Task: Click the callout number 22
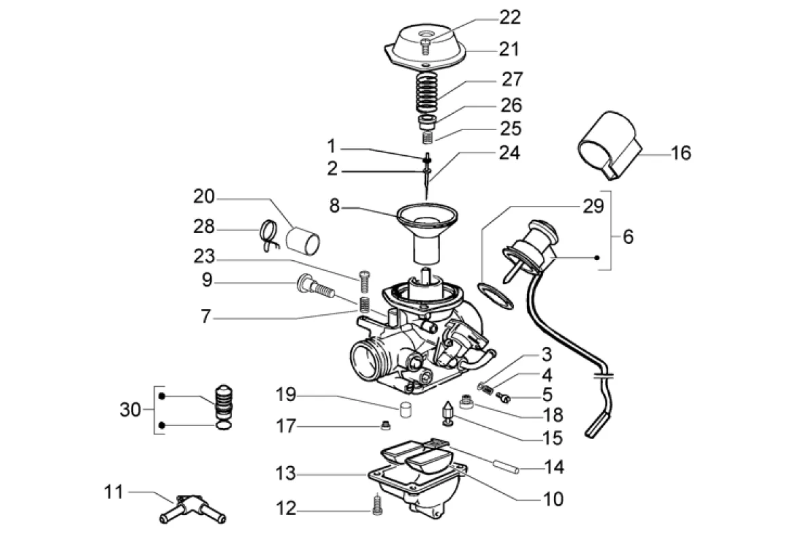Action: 509,18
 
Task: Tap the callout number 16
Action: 681,152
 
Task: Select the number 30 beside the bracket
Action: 130,409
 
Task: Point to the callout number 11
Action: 113,491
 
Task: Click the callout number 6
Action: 628,236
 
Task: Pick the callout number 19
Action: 286,394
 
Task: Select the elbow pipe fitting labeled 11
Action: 193,508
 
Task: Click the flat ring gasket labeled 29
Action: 495,296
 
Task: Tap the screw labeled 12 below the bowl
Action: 376,505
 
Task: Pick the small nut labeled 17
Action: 386,426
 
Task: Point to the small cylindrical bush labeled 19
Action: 405,409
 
